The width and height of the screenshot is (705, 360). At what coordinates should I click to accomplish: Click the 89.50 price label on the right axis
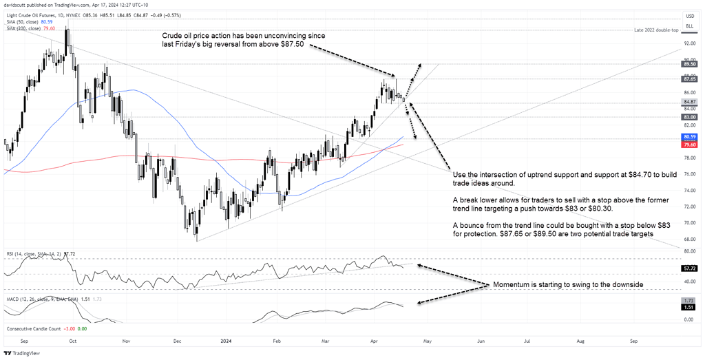pos(688,63)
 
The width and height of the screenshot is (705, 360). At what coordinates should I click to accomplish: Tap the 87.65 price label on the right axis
pos(688,79)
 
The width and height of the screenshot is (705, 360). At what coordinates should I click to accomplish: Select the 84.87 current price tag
pos(688,102)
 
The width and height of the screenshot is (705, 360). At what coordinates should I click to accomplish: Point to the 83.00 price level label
pos(688,117)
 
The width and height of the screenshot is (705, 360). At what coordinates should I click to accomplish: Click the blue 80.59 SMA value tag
pos(688,137)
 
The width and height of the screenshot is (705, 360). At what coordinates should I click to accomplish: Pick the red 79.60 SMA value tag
pos(688,145)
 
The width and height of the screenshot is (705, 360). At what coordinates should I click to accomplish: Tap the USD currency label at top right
pos(688,16)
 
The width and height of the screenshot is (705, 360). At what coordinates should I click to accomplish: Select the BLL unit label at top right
pos(688,25)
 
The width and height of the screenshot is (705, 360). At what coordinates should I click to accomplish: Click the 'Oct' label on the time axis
pos(72,341)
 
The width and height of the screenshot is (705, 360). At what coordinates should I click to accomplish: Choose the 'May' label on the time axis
pos(427,341)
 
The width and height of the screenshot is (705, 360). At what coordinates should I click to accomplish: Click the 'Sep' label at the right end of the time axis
pos(633,341)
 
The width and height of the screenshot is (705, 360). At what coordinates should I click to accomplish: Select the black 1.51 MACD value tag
pos(688,308)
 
